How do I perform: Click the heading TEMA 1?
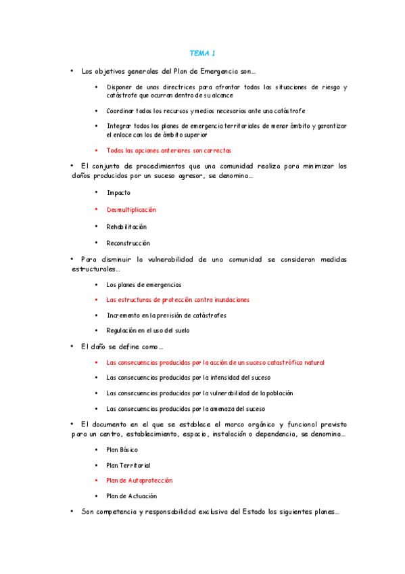[x=202, y=53]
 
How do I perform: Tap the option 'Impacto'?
[x=118, y=193]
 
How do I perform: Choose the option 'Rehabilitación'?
[x=126, y=227]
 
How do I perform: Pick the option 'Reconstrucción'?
[x=128, y=243]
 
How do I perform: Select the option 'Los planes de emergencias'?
[x=144, y=285]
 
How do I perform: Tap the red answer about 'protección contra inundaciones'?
[x=178, y=299]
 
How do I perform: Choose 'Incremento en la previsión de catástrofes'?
[x=166, y=315]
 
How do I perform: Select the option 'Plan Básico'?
[x=122, y=449]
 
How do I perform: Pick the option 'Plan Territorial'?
[x=128, y=466]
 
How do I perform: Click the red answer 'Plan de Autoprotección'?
[x=139, y=480]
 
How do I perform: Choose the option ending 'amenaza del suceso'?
[x=186, y=409]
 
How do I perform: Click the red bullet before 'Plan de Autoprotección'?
[x=97, y=480]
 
